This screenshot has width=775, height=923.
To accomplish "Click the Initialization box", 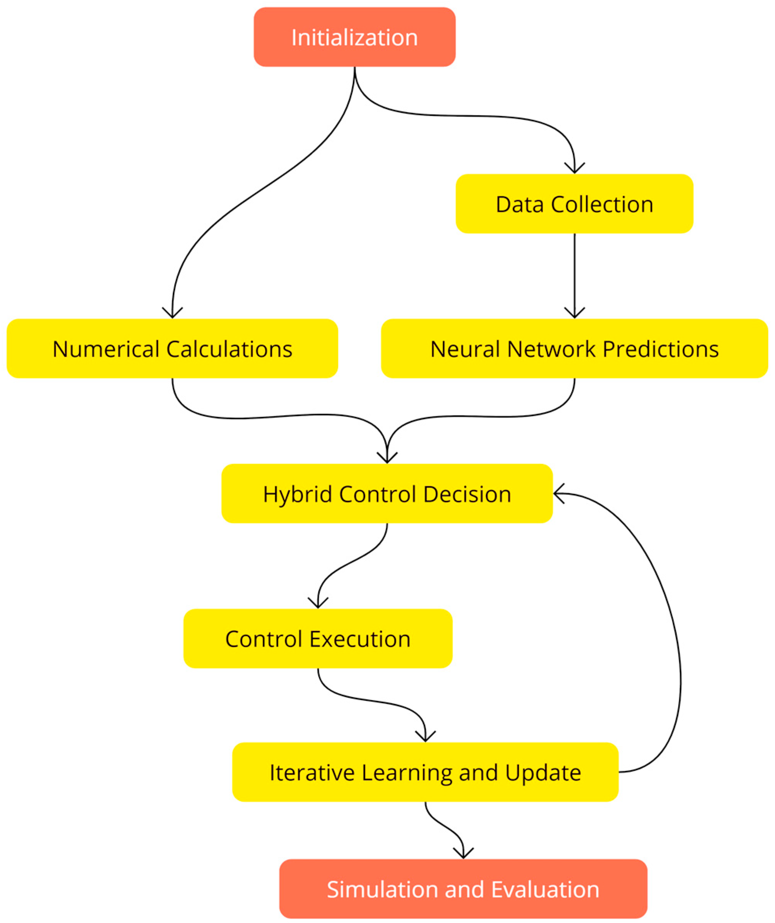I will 355,37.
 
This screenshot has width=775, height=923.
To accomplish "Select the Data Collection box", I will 574,204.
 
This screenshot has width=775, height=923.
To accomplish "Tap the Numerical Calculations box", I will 172,349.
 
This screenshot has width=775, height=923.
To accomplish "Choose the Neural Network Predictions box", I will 574,349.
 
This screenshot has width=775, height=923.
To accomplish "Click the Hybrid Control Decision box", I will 387,494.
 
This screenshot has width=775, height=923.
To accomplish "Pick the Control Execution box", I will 318,639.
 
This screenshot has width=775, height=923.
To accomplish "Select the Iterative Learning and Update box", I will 425,773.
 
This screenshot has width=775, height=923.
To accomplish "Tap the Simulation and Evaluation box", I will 463,890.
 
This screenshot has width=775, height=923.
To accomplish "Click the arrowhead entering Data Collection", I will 574,169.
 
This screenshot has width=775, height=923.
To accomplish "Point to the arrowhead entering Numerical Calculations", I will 172,314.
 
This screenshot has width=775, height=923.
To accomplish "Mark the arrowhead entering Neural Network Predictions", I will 574,314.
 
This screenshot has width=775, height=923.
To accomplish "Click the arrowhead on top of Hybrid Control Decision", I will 387,459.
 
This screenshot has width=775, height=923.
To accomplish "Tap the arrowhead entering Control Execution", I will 318,604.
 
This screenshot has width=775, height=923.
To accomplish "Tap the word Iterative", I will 312,773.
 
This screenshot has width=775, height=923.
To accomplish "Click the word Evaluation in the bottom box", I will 545,890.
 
